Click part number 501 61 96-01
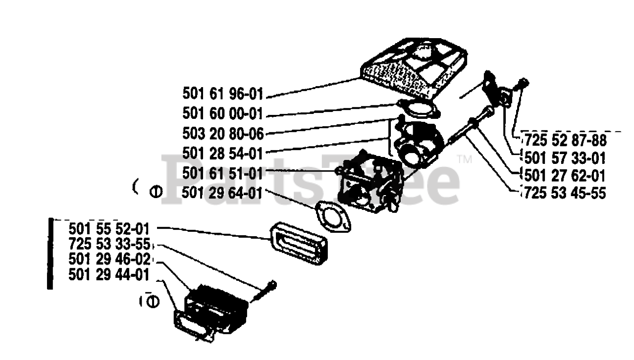click(222, 94)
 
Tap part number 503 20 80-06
click(222, 133)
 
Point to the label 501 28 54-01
click(222, 153)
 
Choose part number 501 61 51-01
click(222, 173)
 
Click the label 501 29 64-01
click(222, 193)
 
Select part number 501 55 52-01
click(109, 229)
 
